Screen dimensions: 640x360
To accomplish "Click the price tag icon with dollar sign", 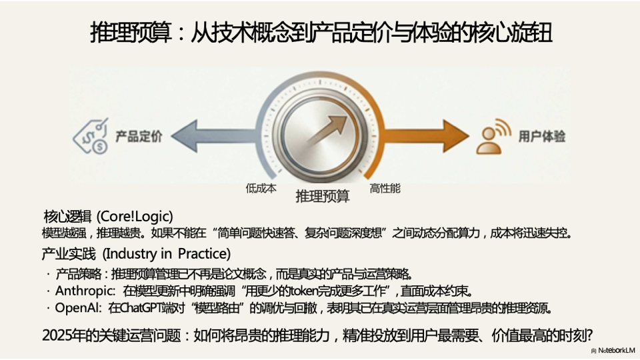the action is pyautogui.click(x=91, y=136).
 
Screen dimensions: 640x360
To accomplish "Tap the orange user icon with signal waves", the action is pyautogui.click(x=493, y=136).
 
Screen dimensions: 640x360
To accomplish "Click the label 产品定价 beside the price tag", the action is pyautogui.click(x=139, y=136).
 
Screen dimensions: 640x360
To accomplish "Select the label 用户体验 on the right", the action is pyautogui.click(x=542, y=136).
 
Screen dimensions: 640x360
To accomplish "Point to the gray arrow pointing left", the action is pyautogui.click(x=216, y=136).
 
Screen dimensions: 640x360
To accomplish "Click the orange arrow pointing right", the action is pyautogui.click(x=425, y=136).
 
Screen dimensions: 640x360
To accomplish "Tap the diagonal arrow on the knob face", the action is pyautogui.click(x=327, y=130).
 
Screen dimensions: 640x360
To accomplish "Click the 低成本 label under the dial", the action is pyautogui.click(x=261, y=188).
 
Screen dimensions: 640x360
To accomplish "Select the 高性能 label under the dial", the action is pyautogui.click(x=385, y=188).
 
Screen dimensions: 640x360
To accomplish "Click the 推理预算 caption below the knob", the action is pyautogui.click(x=323, y=196).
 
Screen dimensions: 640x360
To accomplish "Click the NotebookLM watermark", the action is pyautogui.click(x=616, y=351).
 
